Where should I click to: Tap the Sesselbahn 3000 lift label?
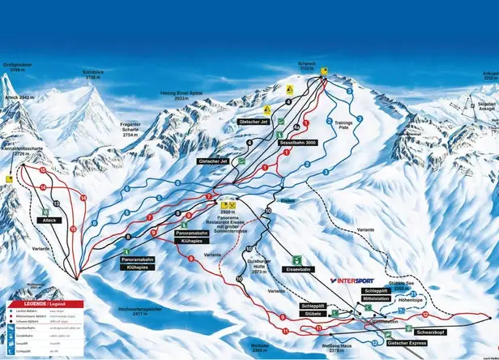(x=297, y=142)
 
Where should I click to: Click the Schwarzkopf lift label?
(x=432, y=332)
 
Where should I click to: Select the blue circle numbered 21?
(x=412, y=294)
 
